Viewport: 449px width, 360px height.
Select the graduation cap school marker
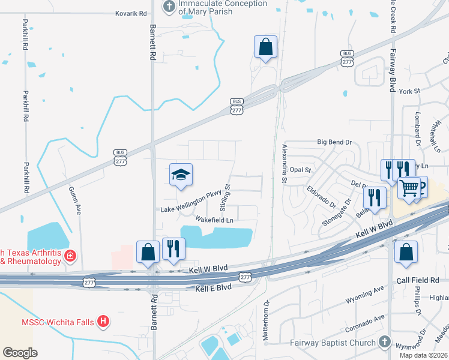pyautogui.click(x=181, y=175)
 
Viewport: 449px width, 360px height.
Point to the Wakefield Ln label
pyautogui.click(x=214, y=220)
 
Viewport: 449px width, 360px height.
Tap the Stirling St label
pyautogui.click(x=225, y=197)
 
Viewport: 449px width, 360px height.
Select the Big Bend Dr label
pyautogui.click(x=334, y=142)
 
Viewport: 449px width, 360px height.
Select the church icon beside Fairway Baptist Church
pyautogui.click(x=384, y=343)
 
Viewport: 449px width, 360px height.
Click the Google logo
pyautogui.click(x=19, y=352)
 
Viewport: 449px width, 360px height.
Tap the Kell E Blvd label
pyautogui.click(x=213, y=289)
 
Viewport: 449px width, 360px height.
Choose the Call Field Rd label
pyautogui.click(x=418, y=281)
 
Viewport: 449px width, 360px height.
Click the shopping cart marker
pyautogui.click(x=410, y=187)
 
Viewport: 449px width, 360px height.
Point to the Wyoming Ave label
pyautogui.click(x=364, y=298)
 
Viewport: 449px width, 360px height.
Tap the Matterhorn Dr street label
pyautogui.click(x=266, y=324)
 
